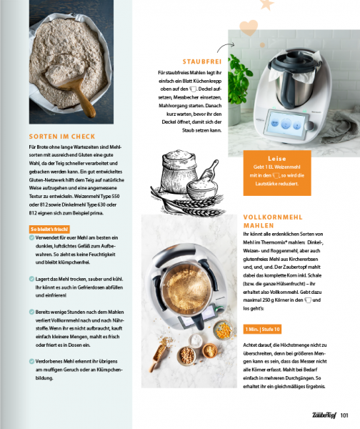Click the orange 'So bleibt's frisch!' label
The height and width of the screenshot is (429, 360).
[54, 229]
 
